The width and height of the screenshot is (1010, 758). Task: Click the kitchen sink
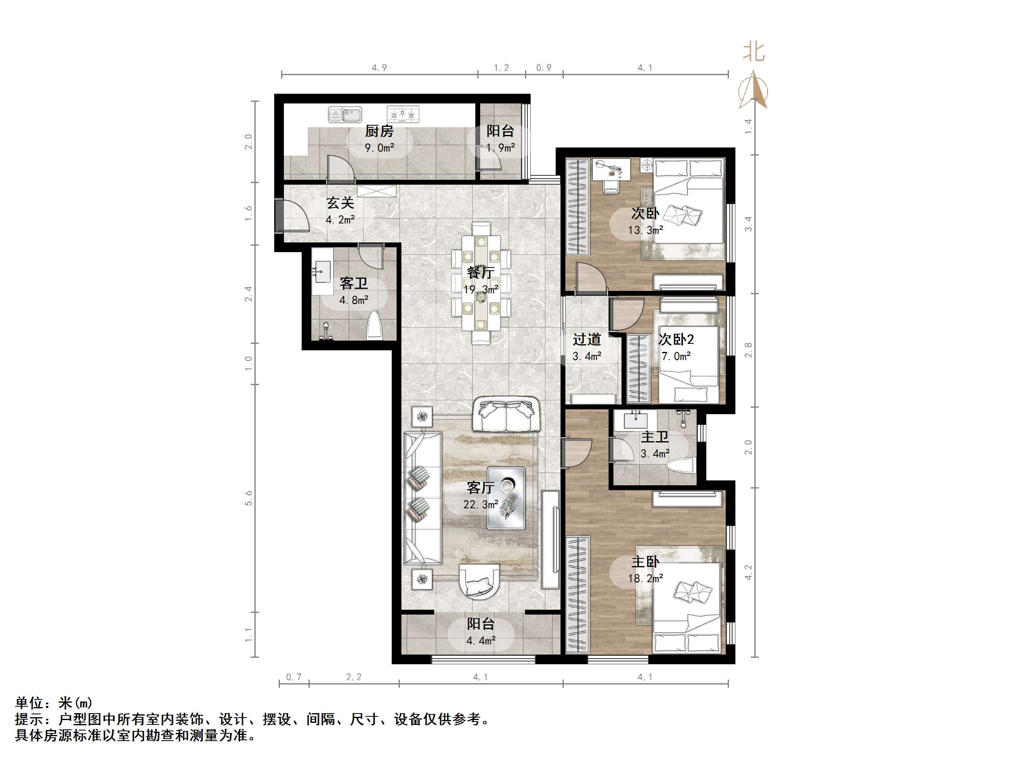pyautogui.click(x=345, y=115)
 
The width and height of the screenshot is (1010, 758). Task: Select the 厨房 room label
pyautogui.click(x=379, y=132)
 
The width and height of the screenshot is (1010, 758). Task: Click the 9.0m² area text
pyautogui.click(x=379, y=148)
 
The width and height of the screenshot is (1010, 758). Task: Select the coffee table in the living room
pyautogui.click(x=506, y=497)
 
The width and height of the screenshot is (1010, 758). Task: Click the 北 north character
pyautogui.click(x=754, y=52)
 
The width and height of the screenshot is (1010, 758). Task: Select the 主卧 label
pyautogui.click(x=645, y=562)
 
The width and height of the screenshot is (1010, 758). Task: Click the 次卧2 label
pyautogui.click(x=676, y=339)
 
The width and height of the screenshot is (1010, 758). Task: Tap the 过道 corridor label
pyautogui.click(x=587, y=339)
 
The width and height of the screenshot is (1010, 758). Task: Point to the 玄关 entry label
pyautogui.click(x=340, y=203)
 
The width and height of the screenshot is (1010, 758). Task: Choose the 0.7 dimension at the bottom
pyautogui.click(x=294, y=677)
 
